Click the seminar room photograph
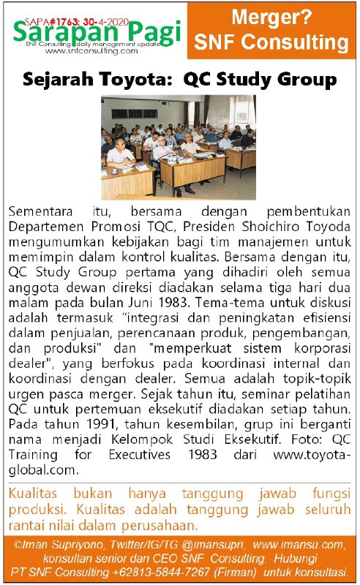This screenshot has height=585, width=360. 179,146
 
